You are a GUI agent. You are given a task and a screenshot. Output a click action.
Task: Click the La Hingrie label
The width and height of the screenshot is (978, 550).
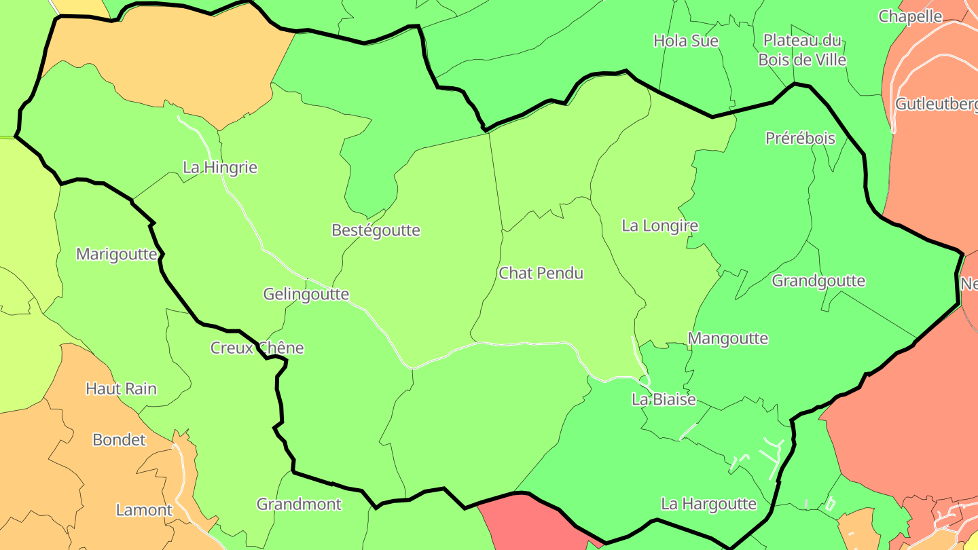[220, 167]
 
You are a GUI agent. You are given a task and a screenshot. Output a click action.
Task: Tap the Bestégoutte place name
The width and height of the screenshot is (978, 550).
[376, 230]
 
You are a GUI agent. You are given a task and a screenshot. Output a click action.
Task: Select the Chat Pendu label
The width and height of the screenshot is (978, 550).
[541, 273]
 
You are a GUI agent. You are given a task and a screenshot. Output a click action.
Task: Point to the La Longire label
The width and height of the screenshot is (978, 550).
[659, 225]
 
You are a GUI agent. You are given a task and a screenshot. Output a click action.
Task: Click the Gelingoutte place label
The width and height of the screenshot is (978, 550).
[306, 294]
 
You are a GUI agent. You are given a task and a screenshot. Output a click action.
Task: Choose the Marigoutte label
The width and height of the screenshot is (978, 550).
[117, 255]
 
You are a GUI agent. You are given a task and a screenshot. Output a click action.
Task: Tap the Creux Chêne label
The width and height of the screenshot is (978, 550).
[257, 348]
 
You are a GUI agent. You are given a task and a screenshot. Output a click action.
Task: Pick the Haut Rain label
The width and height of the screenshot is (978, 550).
[121, 388]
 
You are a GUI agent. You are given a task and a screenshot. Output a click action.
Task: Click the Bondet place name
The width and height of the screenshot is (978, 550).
[119, 439]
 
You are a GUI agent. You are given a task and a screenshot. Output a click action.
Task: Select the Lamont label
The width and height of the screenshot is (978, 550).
[144, 510]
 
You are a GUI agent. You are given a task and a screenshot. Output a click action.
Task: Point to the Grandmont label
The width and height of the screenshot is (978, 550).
[299, 504]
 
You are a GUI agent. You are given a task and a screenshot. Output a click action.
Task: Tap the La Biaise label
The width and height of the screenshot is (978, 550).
[664, 399]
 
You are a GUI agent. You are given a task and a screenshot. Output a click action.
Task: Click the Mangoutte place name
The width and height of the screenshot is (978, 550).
[727, 338]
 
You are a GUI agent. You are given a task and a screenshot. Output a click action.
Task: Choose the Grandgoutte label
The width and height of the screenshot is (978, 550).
[818, 280]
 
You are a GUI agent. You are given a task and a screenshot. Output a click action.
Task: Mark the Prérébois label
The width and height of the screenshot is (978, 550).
[800, 138]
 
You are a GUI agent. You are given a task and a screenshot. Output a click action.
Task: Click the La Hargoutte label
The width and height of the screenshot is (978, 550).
[708, 504]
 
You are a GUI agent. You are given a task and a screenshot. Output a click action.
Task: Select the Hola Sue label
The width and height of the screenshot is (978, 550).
[685, 41]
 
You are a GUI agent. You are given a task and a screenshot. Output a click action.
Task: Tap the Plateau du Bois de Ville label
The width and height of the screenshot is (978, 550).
[802, 50]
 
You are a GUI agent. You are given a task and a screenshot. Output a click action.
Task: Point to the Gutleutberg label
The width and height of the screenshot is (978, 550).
[937, 104]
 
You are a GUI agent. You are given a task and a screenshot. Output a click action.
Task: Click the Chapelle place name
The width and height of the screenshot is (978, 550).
[910, 16]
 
